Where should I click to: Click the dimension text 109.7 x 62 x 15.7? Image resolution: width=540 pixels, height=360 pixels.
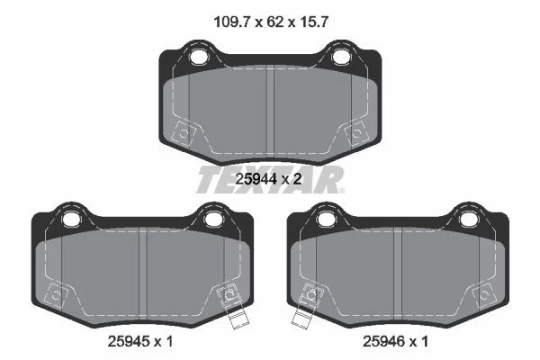[271, 22]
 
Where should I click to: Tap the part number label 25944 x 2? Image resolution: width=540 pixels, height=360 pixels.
[268, 179]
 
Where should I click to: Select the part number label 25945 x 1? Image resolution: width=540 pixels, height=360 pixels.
[140, 341]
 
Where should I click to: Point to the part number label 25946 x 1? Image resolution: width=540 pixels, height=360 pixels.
[395, 341]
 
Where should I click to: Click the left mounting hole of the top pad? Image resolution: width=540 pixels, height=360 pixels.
[199, 57]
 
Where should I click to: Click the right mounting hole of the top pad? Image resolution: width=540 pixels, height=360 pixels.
[340, 57]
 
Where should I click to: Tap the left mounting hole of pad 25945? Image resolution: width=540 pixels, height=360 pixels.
[71, 219]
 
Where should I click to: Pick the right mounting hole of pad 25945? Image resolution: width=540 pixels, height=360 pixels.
[212, 219]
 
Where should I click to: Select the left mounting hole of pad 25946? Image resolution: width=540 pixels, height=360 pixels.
[327, 219]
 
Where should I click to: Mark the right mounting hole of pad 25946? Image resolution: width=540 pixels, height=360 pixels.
[468, 219]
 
